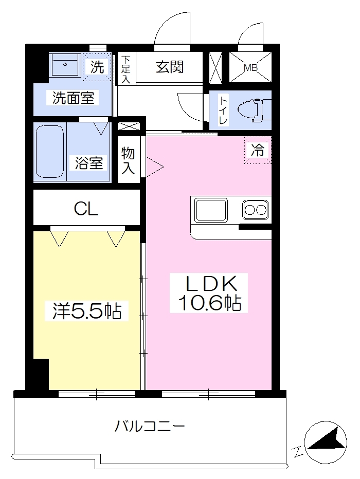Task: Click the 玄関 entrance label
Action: [170, 67]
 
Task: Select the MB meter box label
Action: [250, 68]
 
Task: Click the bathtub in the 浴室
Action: [50, 151]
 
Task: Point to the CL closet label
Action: [86, 209]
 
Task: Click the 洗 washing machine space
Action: [97, 67]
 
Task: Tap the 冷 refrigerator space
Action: [258, 150]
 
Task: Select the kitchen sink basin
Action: [211, 210]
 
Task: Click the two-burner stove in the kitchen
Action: [256, 210]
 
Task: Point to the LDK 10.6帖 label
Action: [209, 293]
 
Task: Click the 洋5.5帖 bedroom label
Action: [87, 311]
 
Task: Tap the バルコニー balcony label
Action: [150, 426]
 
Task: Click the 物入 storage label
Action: [128, 160]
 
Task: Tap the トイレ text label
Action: [223, 110]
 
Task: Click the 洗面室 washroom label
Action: [74, 98]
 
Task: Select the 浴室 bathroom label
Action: [89, 163]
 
